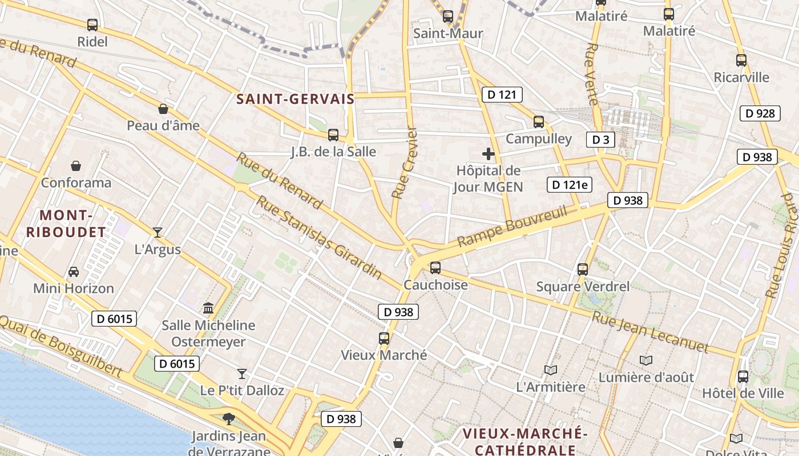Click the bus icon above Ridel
pyautogui.click(x=92, y=25)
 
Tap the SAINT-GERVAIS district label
pyautogui.click(x=296, y=99)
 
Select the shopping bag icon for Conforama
pyautogui.click(x=76, y=166)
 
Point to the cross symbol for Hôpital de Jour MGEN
pyautogui.click(x=489, y=154)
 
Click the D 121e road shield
pyautogui.click(x=570, y=184)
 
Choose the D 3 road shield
pyautogui.click(x=600, y=140)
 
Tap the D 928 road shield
pyautogui.click(x=760, y=113)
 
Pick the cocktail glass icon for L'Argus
pyautogui.click(x=158, y=232)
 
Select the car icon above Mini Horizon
pyautogui.click(x=74, y=272)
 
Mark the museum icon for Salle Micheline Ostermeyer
pyautogui.click(x=208, y=308)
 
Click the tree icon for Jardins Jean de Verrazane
pyautogui.click(x=229, y=419)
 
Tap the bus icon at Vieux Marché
pyautogui.click(x=384, y=339)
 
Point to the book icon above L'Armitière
pyautogui.click(x=551, y=370)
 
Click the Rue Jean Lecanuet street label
pyautogui.click(x=650, y=332)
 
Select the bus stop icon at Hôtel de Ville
pyautogui.click(x=742, y=376)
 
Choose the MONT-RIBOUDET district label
pyautogui.click(x=66, y=223)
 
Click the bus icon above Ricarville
pyautogui.click(x=741, y=60)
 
